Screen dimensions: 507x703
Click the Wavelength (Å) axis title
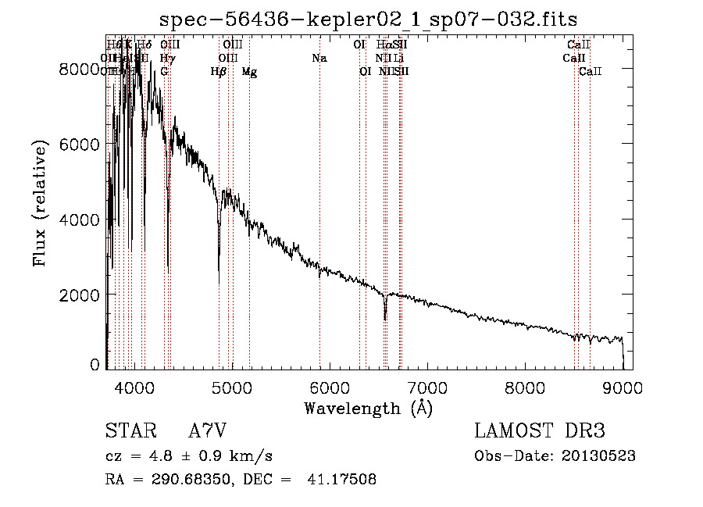click(x=368, y=408)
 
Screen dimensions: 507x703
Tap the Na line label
click(x=319, y=59)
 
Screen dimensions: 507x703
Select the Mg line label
click(x=249, y=72)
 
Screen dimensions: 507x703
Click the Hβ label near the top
click(x=219, y=72)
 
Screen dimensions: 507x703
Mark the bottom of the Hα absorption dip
click(x=385, y=320)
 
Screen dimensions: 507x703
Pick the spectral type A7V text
click(x=208, y=431)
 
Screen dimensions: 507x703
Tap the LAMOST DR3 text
click(x=540, y=431)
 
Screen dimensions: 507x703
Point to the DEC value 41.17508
click(x=343, y=480)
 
